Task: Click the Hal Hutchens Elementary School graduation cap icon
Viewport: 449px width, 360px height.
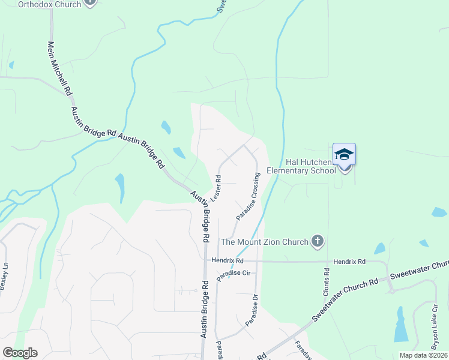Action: click(x=345, y=154)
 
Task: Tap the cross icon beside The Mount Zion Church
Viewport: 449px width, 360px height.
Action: click(x=318, y=242)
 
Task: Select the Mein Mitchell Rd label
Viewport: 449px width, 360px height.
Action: click(x=60, y=67)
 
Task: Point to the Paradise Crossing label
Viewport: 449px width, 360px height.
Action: click(x=247, y=196)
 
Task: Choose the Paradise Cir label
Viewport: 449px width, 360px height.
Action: click(x=237, y=273)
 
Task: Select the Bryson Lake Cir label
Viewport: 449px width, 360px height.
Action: click(x=436, y=327)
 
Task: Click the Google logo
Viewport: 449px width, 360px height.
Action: click(x=20, y=353)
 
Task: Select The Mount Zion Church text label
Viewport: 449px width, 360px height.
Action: click(x=264, y=242)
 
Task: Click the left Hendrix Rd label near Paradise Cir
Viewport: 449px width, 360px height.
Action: click(x=228, y=261)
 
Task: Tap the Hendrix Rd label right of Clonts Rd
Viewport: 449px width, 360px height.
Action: click(x=349, y=262)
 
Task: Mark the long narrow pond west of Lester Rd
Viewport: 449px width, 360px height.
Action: click(x=120, y=188)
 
